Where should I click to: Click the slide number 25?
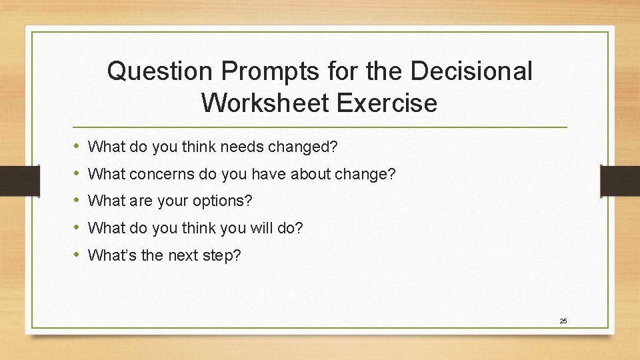click(x=563, y=321)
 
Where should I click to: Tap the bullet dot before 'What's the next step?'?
click(x=77, y=254)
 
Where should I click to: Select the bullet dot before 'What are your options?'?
click(x=77, y=200)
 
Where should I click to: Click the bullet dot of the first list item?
click(x=77, y=145)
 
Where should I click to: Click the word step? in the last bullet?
click(x=223, y=255)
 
